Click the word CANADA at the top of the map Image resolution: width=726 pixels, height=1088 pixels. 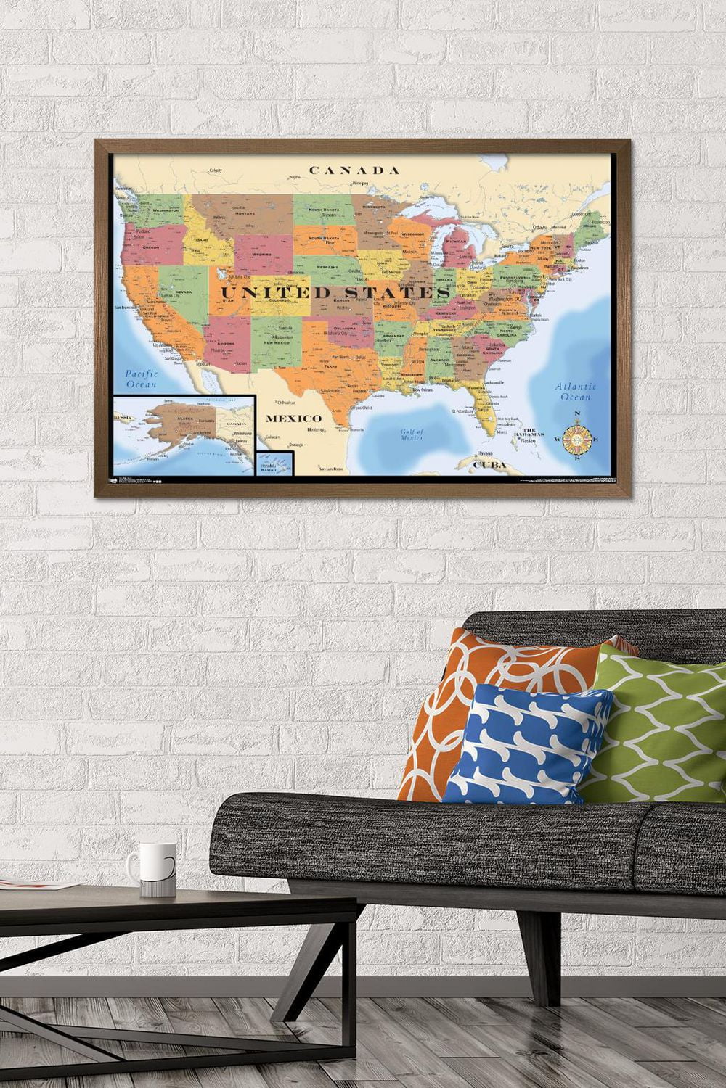coord(354,170)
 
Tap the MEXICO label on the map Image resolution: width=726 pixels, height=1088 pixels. coord(293,419)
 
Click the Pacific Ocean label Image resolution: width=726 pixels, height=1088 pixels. coord(141,379)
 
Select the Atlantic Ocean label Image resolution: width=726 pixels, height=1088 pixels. coord(576,392)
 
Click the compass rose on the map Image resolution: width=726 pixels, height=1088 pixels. coord(578,437)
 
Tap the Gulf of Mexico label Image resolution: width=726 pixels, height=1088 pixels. coord(411,434)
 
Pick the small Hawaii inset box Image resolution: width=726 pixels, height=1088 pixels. coord(274,463)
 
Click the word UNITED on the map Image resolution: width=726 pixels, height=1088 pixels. coord(264,292)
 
